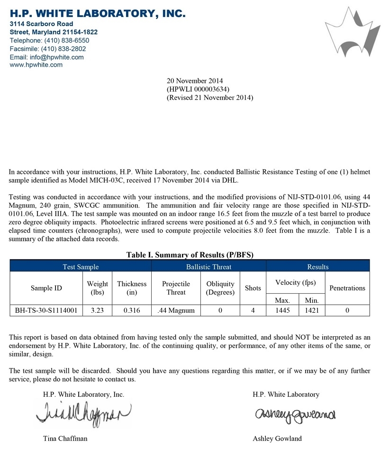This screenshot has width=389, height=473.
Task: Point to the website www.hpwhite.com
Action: (x=36, y=65)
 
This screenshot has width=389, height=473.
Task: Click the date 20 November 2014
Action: (x=195, y=81)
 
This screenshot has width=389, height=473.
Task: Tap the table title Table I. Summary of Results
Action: (x=190, y=255)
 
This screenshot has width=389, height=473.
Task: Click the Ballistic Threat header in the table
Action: (x=208, y=267)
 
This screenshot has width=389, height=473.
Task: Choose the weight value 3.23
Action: (x=98, y=311)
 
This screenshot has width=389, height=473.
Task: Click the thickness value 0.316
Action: (x=132, y=311)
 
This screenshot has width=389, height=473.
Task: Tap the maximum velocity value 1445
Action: (x=282, y=311)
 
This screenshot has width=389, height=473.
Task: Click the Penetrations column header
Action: (x=347, y=288)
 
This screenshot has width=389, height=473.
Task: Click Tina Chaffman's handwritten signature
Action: (x=83, y=414)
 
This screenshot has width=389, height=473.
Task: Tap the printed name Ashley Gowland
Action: (x=277, y=438)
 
